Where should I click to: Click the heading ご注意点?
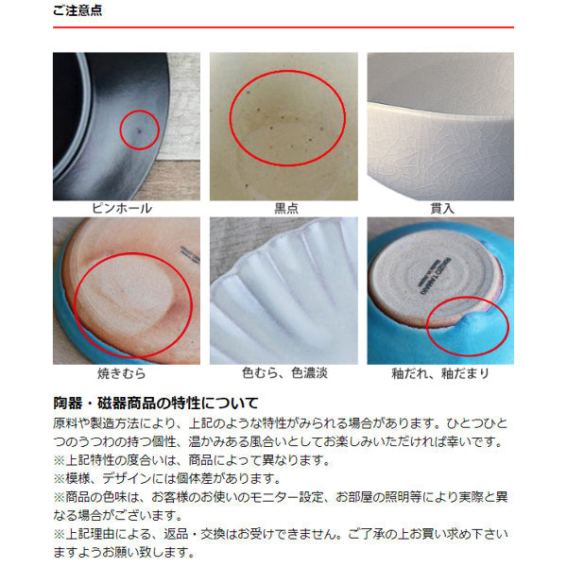77,10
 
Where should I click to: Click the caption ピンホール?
122,208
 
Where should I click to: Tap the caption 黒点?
286,208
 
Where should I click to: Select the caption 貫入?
442,208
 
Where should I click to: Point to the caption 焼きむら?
122,373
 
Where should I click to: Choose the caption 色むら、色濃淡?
285,373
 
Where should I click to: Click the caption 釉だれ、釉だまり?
440,373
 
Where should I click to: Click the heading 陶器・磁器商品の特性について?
156,403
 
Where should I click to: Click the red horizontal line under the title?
283,27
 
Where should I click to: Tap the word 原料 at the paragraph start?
65,423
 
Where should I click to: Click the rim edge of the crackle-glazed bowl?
440,111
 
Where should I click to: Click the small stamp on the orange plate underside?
190,255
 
